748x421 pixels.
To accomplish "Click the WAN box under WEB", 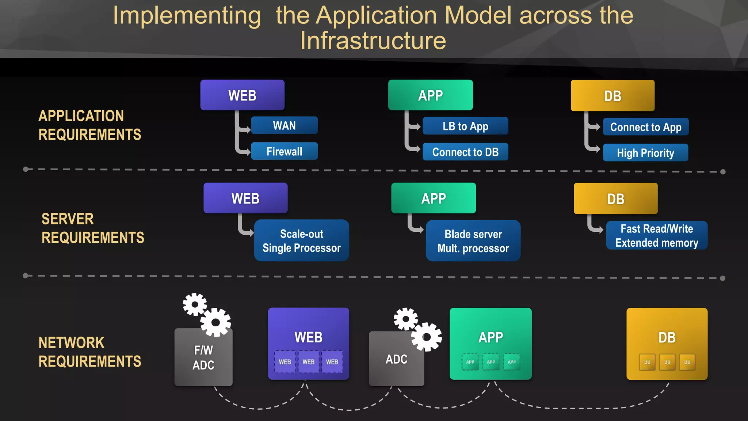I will pyautogui.click(x=284, y=125).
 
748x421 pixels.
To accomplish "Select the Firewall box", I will pyautogui.click(x=284, y=151).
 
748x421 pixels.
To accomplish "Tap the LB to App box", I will pyautogui.click(x=465, y=126).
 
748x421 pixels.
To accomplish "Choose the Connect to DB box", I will pyautogui.click(x=465, y=152).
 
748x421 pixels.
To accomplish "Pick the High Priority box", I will pyautogui.click(x=645, y=153).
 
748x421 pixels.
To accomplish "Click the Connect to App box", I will pyautogui.click(x=645, y=127).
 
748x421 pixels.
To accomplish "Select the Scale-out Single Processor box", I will pyautogui.click(x=301, y=240).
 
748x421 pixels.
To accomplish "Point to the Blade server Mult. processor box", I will pyautogui.click(x=473, y=241).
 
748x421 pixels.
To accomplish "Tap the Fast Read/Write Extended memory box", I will pyautogui.click(x=656, y=236).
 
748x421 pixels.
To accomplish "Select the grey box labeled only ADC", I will pyautogui.click(x=396, y=359).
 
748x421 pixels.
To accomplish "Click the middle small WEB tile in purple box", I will pyautogui.click(x=308, y=362).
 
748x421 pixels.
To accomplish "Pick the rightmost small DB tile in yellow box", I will pyautogui.click(x=687, y=362).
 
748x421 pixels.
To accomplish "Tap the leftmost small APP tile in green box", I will pyautogui.click(x=470, y=362).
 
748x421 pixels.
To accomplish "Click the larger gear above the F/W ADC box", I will pyautogui.click(x=215, y=322).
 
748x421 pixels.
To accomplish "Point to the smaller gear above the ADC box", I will pyautogui.click(x=405, y=319).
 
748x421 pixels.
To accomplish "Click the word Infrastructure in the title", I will pyautogui.click(x=373, y=41).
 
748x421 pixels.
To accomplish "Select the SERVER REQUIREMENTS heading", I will pyautogui.click(x=93, y=228).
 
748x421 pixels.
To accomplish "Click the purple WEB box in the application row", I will pyautogui.click(x=242, y=95).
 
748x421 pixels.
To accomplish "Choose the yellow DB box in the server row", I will pyautogui.click(x=615, y=199).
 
